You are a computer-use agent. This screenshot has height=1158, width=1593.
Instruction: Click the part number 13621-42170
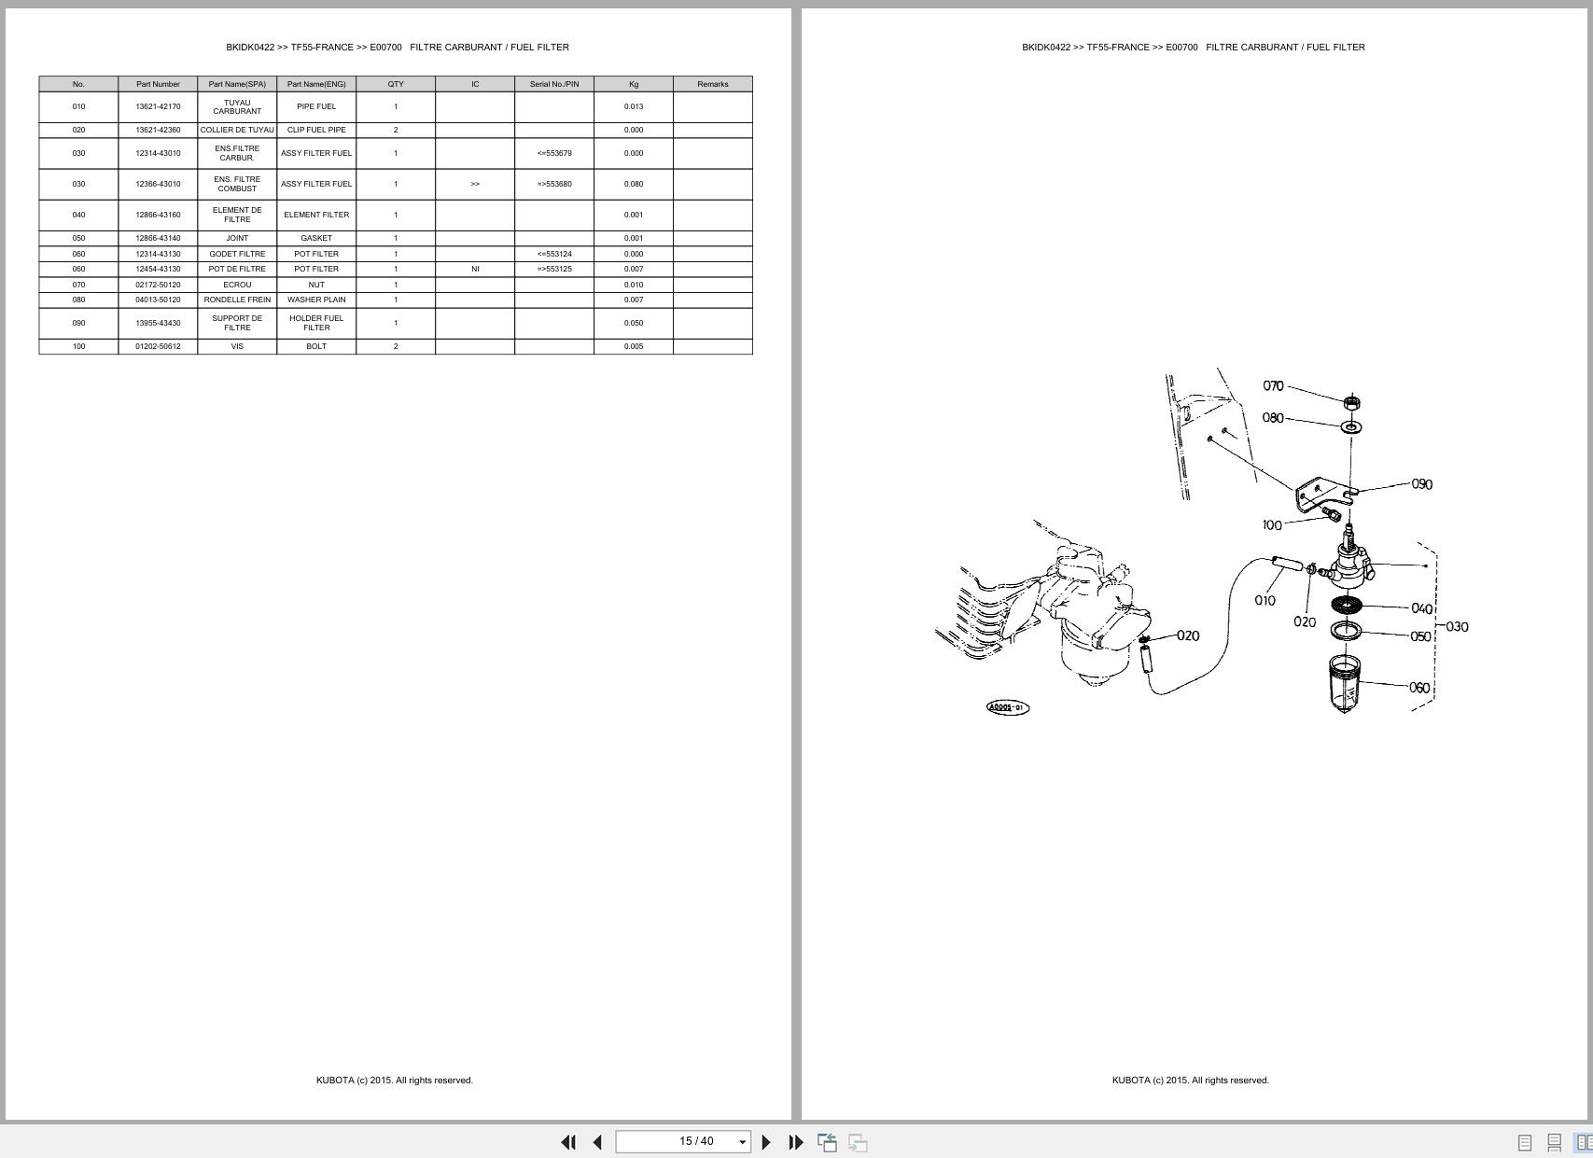point(158,106)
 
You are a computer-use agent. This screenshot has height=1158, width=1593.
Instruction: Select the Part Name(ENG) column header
point(316,84)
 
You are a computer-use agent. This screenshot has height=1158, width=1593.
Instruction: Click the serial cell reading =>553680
point(553,184)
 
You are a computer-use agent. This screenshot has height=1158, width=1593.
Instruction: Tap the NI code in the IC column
point(475,269)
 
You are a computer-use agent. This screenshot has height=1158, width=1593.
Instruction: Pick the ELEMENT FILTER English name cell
point(316,215)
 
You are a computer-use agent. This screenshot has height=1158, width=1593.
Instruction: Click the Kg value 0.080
point(633,184)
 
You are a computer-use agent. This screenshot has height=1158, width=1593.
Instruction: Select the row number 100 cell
point(78,346)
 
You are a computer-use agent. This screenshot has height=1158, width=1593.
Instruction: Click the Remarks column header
point(712,84)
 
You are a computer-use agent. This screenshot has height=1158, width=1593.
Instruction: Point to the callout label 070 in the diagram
point(1273,385)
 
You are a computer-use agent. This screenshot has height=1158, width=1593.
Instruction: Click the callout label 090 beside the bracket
point(1421,484)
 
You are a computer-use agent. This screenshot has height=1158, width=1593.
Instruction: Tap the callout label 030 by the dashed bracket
point(1457,626)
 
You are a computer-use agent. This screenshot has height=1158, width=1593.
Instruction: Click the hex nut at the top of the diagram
point(1350,402)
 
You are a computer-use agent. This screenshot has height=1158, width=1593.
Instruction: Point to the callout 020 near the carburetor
point(1187,635)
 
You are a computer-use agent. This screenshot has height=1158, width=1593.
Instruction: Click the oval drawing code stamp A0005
point(1007,707)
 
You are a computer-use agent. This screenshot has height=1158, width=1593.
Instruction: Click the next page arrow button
point(766,1142)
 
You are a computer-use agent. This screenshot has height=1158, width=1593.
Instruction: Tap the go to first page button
point(567,1142)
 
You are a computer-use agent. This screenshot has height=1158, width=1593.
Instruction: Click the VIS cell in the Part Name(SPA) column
point(237,346)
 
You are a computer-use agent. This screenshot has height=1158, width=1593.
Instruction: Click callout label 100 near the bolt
point(1271,525)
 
